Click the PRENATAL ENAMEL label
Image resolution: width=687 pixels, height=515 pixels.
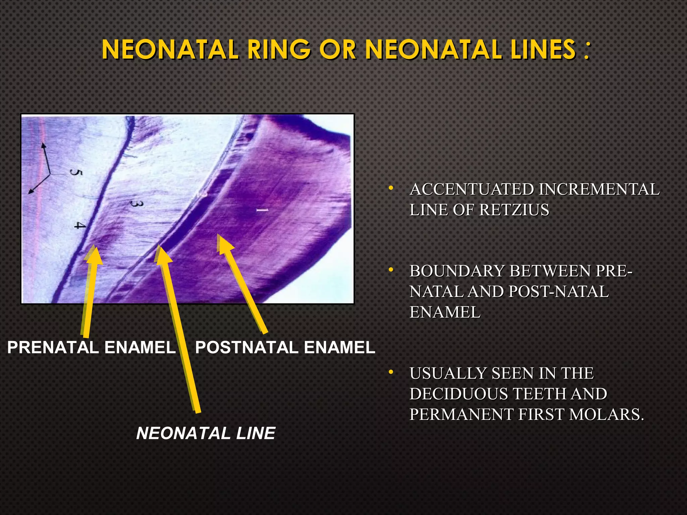point(91,347)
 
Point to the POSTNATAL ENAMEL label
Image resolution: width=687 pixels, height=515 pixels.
point(285,347)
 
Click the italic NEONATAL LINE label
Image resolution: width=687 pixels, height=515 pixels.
point(206,433)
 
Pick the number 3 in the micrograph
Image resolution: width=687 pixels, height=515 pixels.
point(137,204)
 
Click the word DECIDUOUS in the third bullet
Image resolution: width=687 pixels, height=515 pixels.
point(459,394)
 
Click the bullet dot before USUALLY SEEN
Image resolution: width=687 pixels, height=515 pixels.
point(390,373)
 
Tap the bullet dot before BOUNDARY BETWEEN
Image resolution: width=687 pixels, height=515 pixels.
point(390,270)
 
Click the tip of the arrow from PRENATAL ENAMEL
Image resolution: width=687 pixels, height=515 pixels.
point(95,247)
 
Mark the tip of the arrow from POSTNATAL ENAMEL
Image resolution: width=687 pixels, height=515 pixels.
point(220,235)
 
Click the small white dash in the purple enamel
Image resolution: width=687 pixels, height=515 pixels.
point(262,210)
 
